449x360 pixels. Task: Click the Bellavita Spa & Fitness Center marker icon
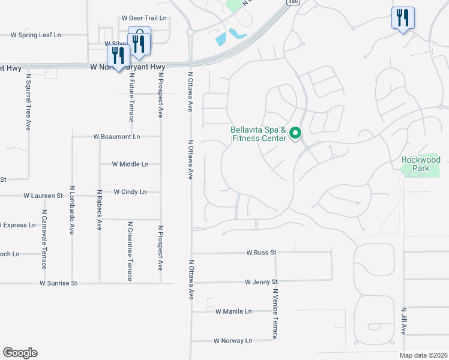coord(295,133)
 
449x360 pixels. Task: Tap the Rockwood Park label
coord(421,164)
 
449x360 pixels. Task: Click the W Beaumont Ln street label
coord(116,137)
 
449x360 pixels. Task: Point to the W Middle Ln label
coord(130,164)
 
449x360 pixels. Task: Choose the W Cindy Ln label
coord(130,192)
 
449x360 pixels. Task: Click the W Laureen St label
coord(43,196)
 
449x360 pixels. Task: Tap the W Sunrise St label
coord(59,283)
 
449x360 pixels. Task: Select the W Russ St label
coord(261,253)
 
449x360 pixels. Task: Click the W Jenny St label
coord(261,281)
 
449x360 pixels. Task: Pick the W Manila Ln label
coord(234,311)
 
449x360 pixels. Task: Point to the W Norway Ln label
coord(233,341)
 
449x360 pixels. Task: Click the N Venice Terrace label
coord(275,314)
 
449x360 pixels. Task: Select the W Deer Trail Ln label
coord(143,19)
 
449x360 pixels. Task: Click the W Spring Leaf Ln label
coord(36,35)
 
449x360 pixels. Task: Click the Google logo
coord(20,353)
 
